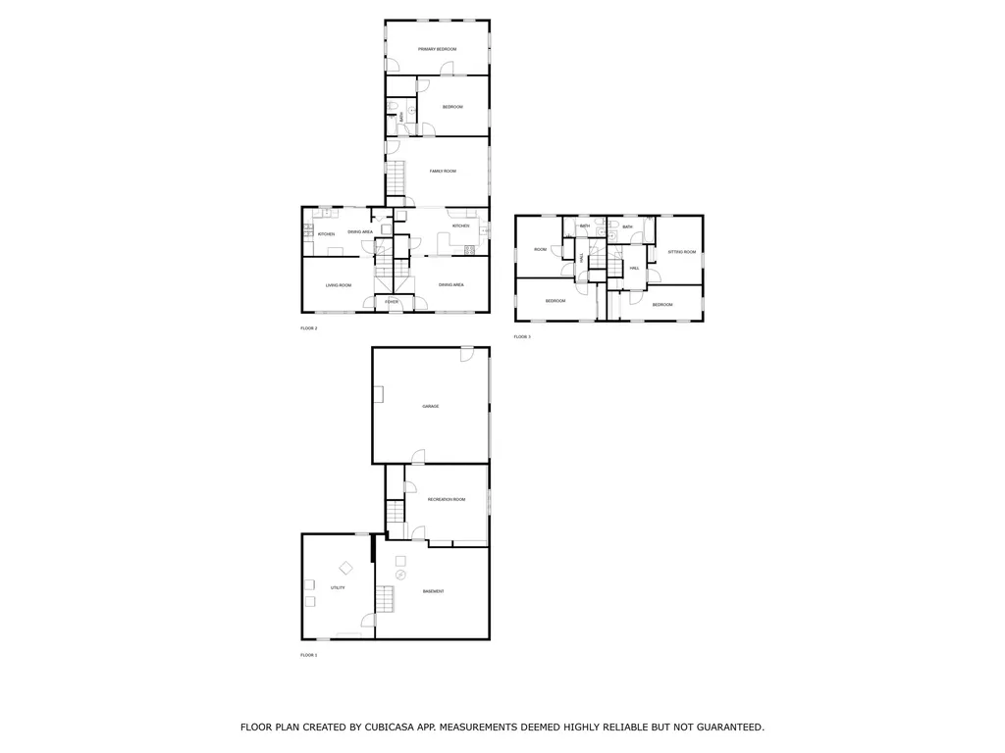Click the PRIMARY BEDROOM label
pyautogui.click(x=437, y=49)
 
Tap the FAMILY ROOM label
pyautogui.click(x=443, y=172)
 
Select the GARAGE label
pyautogui.click(x=430, y=406)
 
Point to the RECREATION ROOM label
pyautogui.click(x=446, y=500)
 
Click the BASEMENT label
pyautogui.click(x=433, y=591)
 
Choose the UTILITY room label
pyautogui.click(x=337, y=587)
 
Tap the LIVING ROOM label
pyautogui.click(x=339, y=285)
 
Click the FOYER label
pyautogui.click(x=392, y=302)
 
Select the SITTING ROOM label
pyautogui.click(x=681, y=252)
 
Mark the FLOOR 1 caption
pyautogui.click(x=308, y=655)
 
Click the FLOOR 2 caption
pyautogui.click(x=308, y=328)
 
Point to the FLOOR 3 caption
pyautogui.click(x=521, y=337)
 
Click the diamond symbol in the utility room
pyautogui.click(x=345, y=567)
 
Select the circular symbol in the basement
pyautogui.click(x=400, y=575)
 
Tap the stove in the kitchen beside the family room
pyautogui.click(x=469, y=250)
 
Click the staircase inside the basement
pyautogui.click(x=385, y=597)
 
